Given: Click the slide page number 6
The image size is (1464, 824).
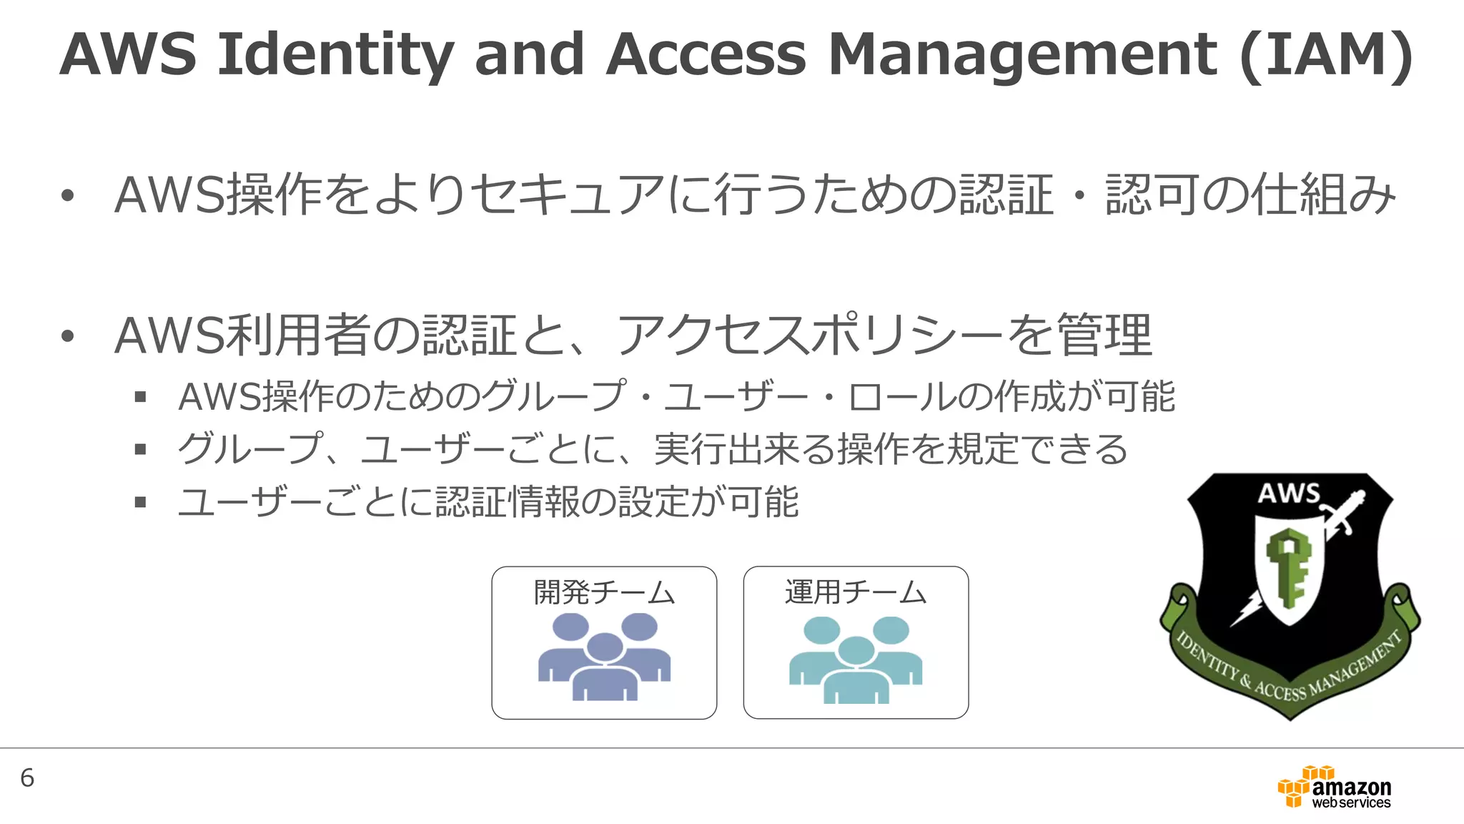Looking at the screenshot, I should click(27, 778).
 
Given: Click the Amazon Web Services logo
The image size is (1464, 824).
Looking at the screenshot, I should click(1334, 787).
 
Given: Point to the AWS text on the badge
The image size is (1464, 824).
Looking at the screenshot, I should click(1288, 494).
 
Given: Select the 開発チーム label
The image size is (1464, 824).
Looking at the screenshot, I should click(604, 592).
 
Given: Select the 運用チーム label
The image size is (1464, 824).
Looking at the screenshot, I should click(856, 592).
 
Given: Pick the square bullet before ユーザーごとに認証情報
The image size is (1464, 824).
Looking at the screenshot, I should click(140, 502).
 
